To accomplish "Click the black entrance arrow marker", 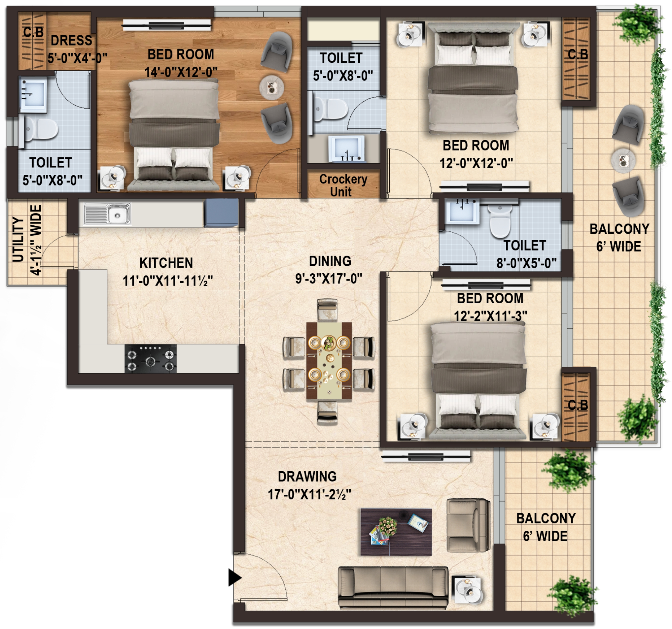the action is tap(234, 577).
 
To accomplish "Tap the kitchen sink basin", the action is tap(118, 214).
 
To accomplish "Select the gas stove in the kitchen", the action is tap(151, 359).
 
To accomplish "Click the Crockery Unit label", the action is tap(343, 185).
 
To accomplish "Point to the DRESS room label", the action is tap(71, 41).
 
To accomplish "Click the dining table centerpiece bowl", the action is tap(329, 343).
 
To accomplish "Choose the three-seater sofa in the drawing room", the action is tap(393, 588).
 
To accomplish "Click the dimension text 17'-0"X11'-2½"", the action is tap(309, 495).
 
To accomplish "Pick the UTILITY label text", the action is tap(18, 240).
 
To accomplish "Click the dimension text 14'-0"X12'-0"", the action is tap(181, 72).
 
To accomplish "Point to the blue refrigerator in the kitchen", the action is tap(221, 213).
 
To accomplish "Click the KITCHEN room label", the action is tap(166, 263).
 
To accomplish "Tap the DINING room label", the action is tap(330, 261).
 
